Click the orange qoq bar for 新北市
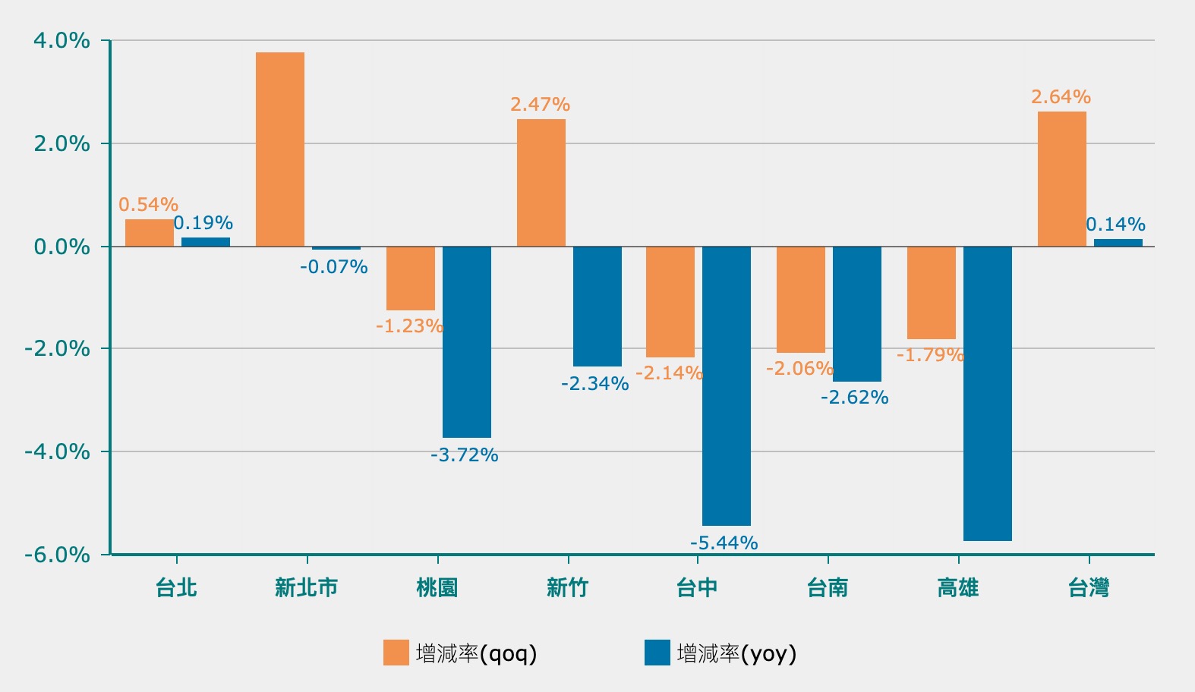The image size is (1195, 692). [x=280, y=149]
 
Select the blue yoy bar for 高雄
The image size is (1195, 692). [x=987, y=393]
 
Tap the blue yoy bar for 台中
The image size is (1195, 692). [x=727, y=385]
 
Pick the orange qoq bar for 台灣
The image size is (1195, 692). [x=1061, y=179]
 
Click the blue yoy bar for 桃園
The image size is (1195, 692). [x=467, y=341]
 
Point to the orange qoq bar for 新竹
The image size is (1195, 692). [x=541, y=183]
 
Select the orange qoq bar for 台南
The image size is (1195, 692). [x=801, y=300]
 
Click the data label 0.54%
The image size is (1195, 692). [x=148, y=205]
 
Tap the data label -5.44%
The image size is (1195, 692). [x=724, y=543]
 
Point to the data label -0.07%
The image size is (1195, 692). [x=333, y=267]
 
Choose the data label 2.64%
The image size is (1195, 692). [x=1061, y=97]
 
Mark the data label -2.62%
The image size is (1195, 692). [x=854, y=398]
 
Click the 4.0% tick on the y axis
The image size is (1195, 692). [x=61, y=41]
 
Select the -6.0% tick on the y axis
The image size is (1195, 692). [x=57, y=555]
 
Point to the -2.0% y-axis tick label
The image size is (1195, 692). [x=57, y=349]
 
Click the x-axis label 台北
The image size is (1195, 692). [x=176, y=588]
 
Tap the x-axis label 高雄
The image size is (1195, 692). [x=958, y=588]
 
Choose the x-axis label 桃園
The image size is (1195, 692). [x=437, y=588]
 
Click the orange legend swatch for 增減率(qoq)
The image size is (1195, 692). [x=396, y=653]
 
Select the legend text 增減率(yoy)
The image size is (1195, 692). [x=736, y=653]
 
